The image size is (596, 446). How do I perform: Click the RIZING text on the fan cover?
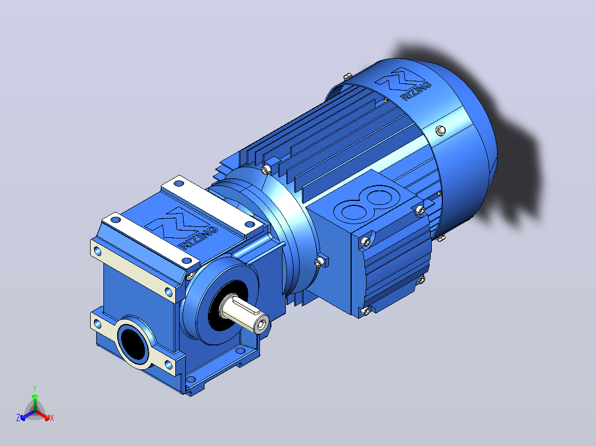click(417, 91)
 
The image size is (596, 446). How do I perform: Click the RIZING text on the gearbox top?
click(198, 238)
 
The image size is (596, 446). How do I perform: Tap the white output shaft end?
click(244, 314)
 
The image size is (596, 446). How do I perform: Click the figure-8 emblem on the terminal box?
click(367, 204)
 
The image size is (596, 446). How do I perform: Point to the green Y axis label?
click(35, 388)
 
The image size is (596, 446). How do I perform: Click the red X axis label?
click(52, 418)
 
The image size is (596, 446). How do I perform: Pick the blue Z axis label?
click(18, 417)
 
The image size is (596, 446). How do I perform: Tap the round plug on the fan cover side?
click(441, 130)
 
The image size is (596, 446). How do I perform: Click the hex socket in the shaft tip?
click(262, 325)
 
